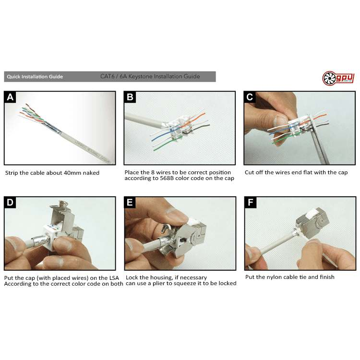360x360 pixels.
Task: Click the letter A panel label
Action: [10, 97]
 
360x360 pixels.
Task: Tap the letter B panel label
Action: [130, 97]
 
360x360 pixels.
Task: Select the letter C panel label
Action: [250, 97]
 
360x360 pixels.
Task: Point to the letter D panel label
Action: [10, 203]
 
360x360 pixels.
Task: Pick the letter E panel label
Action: [130, 203]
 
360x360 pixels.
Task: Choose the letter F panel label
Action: [251, 203]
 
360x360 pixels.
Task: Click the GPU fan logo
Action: [338, 78]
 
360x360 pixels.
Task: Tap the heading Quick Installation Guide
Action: [35, 77]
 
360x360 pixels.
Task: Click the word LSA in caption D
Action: [113, 278]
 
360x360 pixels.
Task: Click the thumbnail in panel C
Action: [300, 128]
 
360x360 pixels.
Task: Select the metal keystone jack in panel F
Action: [313, 221]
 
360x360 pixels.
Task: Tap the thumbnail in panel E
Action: [180, 233]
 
